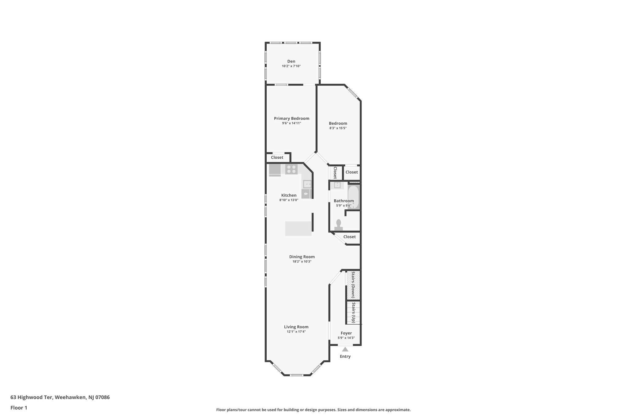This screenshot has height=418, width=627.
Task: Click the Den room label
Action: pos(291,61)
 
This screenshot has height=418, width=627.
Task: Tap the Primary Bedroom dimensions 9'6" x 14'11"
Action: pos(291,123)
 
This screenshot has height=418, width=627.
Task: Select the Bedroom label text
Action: pos(338,123)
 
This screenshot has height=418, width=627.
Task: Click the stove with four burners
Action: pos(77,169)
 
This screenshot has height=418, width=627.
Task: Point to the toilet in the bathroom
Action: pos(339,224)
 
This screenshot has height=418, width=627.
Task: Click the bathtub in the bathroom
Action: pos(353,197)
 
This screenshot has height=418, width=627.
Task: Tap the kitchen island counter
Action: pos(298,228)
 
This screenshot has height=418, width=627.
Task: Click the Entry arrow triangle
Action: pos(345,349)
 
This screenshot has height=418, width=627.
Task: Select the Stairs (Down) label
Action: pos(353,285)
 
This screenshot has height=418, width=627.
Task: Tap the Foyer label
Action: pos(346,333)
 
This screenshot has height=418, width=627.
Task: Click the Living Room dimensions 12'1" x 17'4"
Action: pos(296,331)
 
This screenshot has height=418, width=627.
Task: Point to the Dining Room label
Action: pos(302,257)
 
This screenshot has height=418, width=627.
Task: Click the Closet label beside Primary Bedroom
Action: pos(277,157)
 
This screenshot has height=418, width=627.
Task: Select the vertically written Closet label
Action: pos(335,173)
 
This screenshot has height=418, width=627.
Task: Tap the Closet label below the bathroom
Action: pos(349,237)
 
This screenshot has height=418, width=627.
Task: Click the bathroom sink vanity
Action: pos(337,185)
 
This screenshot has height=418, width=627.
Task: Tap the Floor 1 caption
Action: pos(19,408)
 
